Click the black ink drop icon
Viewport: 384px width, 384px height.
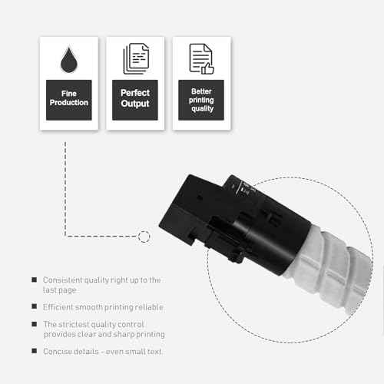68,59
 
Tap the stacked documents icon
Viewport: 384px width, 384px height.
136,58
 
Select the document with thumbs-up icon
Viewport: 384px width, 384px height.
201,59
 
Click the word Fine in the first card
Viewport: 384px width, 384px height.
69,94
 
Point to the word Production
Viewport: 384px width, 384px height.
69,102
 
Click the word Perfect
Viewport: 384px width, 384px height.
135,93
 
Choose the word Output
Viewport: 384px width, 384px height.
135,104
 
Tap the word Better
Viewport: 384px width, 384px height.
201,91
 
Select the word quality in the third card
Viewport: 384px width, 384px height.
202,108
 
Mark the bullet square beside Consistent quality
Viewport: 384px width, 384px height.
34,280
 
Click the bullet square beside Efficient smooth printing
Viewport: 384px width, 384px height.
34,306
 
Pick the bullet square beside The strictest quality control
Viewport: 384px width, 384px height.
34,324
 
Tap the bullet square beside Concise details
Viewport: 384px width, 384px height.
34,351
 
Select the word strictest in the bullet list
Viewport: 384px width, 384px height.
74,324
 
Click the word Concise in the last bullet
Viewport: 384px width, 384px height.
57,352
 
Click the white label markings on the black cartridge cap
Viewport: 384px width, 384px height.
243,189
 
